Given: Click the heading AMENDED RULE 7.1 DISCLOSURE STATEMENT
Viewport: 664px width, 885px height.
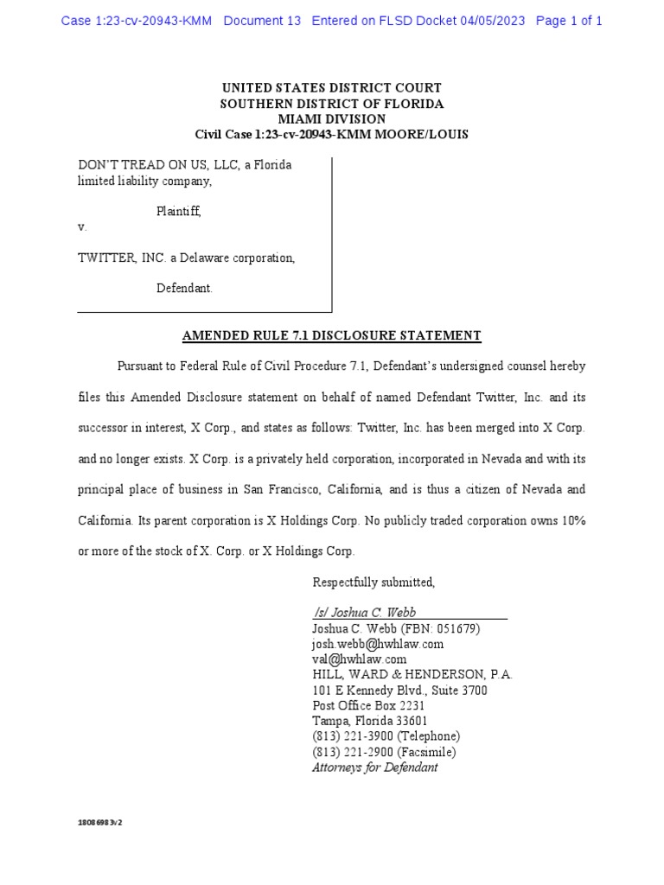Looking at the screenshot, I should pyautogui.click(x=332, y=335).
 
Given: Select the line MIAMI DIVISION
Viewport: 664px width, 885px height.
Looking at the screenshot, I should pyautogui.click(x=332, y=119).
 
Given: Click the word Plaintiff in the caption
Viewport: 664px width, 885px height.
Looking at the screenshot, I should pyautogui.click(x=178, y=211).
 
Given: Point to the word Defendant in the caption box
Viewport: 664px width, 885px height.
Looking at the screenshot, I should pyautogui.click(x=184, y=289).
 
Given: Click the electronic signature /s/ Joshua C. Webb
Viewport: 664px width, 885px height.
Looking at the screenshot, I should pyautogui.click(x=364, y=612).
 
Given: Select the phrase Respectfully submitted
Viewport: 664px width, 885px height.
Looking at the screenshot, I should pyautogui.click(x=373, y=582).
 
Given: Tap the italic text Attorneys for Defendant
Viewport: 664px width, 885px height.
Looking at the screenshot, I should pyautogui.click(x=375, y=767).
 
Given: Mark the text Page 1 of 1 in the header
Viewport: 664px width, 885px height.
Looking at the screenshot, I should pyautogui.click(x=569, y=21).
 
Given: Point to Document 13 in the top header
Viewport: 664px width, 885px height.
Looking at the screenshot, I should pyautogui.click(x=262, y=21).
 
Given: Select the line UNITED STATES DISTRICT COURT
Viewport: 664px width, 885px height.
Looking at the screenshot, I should pyautogui.click(x=332, y=88).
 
